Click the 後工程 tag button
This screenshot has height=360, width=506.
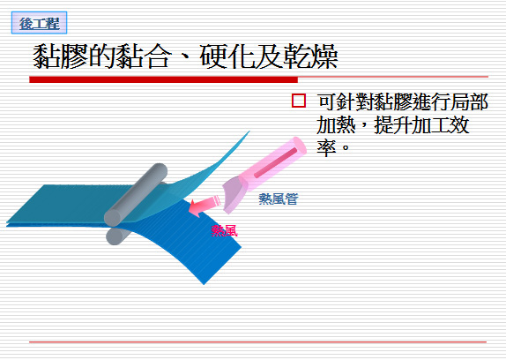(x=39, y=23)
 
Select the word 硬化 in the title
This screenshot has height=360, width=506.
(x=227, y=56)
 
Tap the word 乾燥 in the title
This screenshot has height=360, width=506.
(x=310, y=56)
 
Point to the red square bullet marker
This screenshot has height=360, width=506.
(x=299, y=101)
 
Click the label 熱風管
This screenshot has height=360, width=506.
(x=279, y=199)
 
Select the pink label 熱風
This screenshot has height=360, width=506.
(x=224, y=231)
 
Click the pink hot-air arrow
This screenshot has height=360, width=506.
(x=204, y=206)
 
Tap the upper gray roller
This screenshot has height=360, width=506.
(x=136, y=194)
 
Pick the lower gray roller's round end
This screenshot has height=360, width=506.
(x=114, y=236)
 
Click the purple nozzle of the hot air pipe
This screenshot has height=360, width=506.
(x=234, y=195)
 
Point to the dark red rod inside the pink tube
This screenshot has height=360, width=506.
(x=275, y=162)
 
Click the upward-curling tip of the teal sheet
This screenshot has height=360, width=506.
(x=249, y=131)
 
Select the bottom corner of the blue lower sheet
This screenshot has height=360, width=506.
(x=204, y=284)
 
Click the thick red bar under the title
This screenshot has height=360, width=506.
(x=163, y=79)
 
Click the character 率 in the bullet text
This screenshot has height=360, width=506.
(x=326, y=148)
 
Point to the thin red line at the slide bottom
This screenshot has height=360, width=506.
(x=257, y=341)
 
